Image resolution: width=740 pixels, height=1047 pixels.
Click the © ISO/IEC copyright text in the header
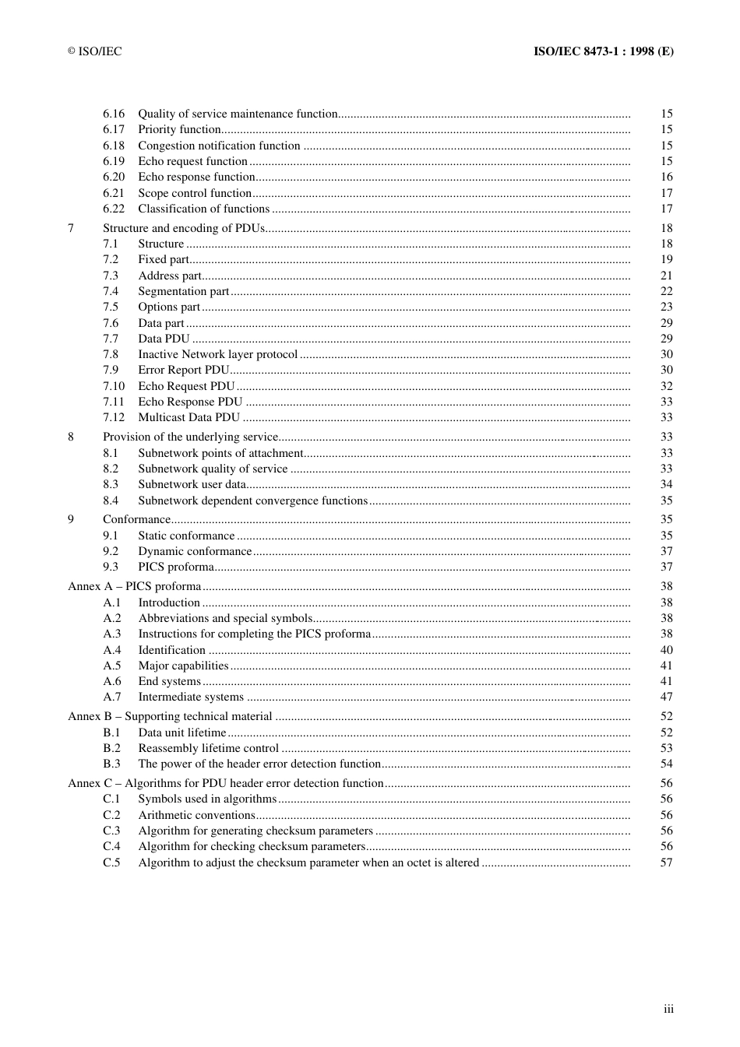point(94,51)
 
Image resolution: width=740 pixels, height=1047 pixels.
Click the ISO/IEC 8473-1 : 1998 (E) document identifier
point(603,51)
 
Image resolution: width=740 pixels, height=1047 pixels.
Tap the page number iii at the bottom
point(668,1009)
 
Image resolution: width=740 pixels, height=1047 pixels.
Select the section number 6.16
point(114,114)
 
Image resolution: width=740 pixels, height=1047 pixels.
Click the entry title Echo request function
point(192,161)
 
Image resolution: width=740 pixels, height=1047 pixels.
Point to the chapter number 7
point(71,228)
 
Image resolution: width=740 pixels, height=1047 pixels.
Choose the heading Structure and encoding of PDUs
point(184,228)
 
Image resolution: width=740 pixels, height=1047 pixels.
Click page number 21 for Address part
point(666,276)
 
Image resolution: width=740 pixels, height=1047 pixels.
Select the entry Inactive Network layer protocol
point(217,354)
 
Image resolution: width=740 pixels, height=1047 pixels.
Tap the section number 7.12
point(114,417)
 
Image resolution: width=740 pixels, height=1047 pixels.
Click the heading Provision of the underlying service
point(190,437)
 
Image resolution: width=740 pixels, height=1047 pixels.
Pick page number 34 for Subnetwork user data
point(666,484)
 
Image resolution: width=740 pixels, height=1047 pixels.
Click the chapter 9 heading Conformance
point(136,519)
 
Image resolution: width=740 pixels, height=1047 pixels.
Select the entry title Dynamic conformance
point(195,551)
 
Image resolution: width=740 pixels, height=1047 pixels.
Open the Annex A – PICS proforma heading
point(134,586)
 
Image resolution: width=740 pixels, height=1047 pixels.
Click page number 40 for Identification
point(666,650)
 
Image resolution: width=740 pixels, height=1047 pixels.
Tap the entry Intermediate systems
point(191,697)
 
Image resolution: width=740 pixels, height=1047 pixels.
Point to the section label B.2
point(111,748)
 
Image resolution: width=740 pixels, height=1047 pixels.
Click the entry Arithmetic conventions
point(196,815)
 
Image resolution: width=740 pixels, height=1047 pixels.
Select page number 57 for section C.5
point(666,863)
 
